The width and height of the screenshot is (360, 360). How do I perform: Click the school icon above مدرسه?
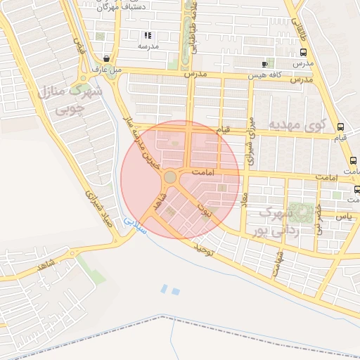click(x=148, y=35)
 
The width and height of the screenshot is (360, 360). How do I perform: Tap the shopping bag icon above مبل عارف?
click(x=106, y=58)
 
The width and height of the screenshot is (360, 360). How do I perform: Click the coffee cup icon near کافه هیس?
click(x=264, y=63)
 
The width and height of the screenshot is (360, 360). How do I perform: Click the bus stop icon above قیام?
click(x=340, y=127)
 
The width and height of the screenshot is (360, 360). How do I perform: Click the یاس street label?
click(x=344, y=217)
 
